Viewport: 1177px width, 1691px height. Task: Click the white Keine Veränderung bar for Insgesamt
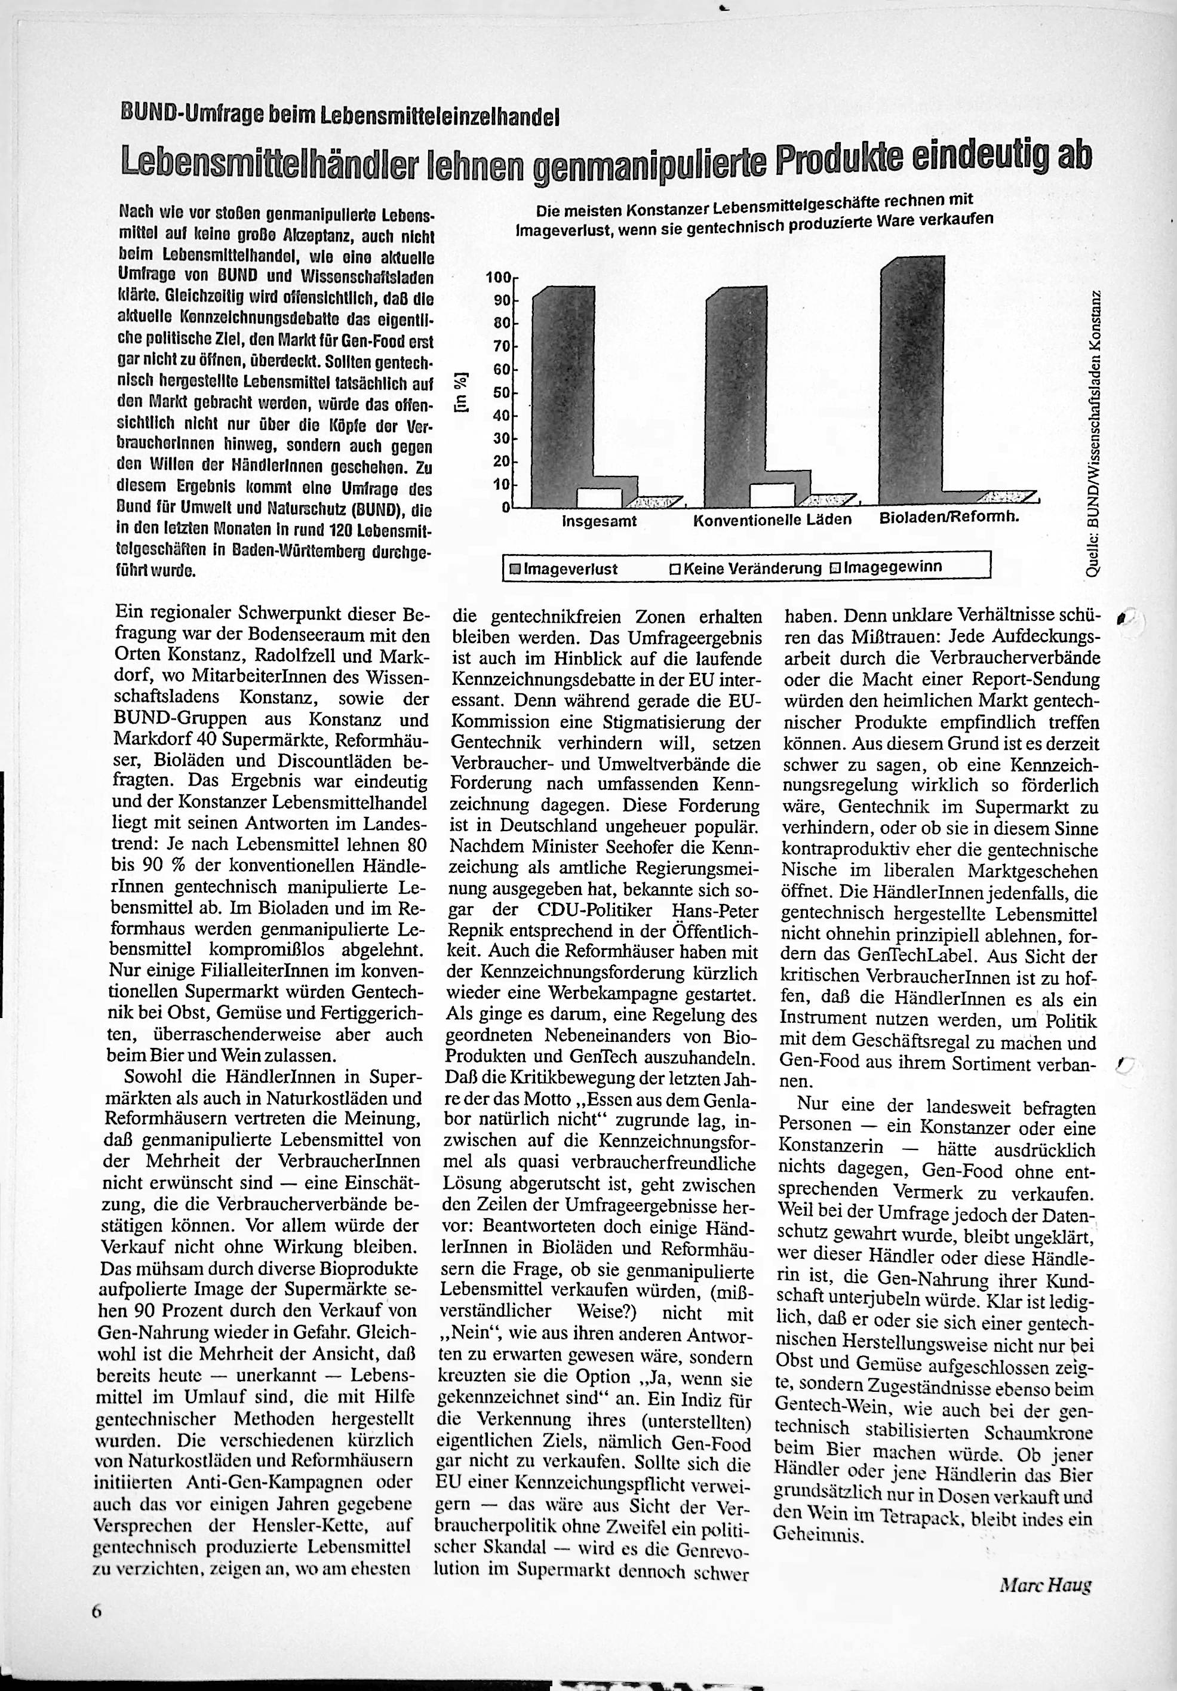[599, 498]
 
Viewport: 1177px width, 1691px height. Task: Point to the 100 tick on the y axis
[498, 278]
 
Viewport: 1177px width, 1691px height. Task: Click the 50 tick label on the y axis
[502, 392]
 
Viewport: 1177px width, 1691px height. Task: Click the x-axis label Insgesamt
[600, 521]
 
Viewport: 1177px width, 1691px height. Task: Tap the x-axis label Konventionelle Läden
[772, 520]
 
